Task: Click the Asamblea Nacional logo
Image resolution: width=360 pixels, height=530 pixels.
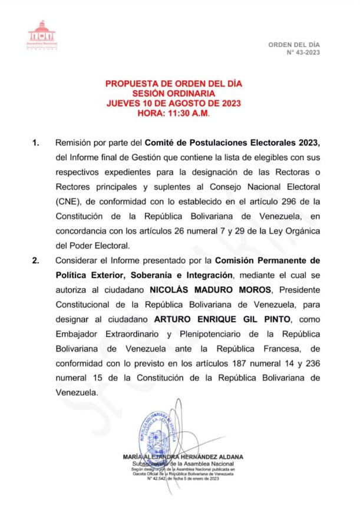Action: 41,37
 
